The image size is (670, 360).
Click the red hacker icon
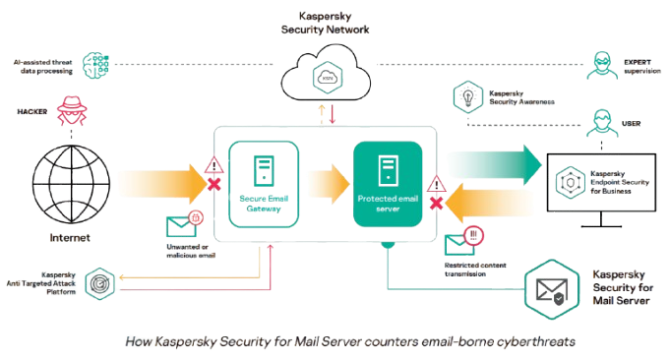point(72,110)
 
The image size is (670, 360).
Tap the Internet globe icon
point(71,184)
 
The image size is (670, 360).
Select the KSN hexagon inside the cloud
point(328,78)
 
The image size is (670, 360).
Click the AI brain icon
point(95,65)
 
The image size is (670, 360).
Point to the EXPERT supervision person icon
point(602,65)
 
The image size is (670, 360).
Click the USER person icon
point(602,123)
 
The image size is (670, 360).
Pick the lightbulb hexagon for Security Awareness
point(468,97)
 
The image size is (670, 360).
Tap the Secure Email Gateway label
point(264,204)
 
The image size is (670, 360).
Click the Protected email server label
point(388,204)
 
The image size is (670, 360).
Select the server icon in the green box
point(388,171)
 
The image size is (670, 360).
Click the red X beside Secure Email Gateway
point(214,185)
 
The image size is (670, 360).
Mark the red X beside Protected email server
point(436,203)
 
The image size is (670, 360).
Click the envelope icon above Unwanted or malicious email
point(181,227)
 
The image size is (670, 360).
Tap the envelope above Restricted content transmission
point(459,245)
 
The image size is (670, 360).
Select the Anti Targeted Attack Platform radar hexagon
point(100,283)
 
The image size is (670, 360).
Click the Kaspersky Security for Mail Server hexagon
point(552,289)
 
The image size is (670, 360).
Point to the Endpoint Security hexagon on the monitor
point(570,183)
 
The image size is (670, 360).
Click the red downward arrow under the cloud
point(333,114)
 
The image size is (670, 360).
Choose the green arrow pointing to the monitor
point(494,165)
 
